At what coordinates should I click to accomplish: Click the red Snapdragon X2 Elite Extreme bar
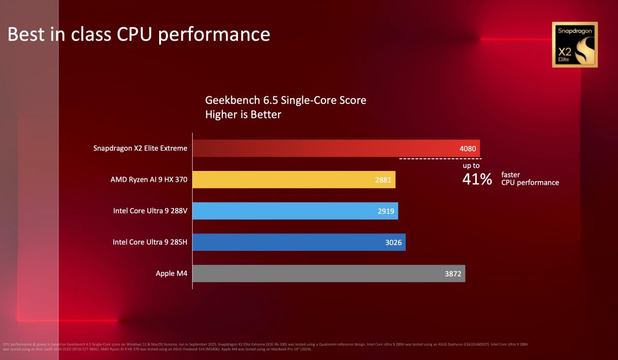(x=335, y=148)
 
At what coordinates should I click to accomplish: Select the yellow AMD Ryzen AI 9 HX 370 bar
(x=294, y=180)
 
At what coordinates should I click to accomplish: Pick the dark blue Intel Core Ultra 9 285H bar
(x=299, y=242)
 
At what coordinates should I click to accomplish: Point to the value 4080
(x=469, y=149)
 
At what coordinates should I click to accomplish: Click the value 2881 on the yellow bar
(x=384, y=180)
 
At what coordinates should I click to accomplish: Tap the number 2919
(x=386, y=211)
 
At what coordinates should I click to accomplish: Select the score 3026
(x=394, y=243)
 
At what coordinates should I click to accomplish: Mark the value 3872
(x=454, y=273)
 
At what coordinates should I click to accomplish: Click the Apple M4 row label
(x=171, y=273)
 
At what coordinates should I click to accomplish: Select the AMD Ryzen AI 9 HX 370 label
(x=149, y=180)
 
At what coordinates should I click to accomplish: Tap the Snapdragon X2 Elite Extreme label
(x=140, y=149)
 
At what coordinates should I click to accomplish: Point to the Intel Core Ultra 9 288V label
(x=150, y=211)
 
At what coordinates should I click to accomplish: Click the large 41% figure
(x=477, y=180)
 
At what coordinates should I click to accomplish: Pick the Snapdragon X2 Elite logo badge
(x=575, y=45)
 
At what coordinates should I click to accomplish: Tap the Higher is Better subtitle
(x=243, y=114)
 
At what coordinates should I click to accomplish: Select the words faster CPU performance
(x=529, y=179)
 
